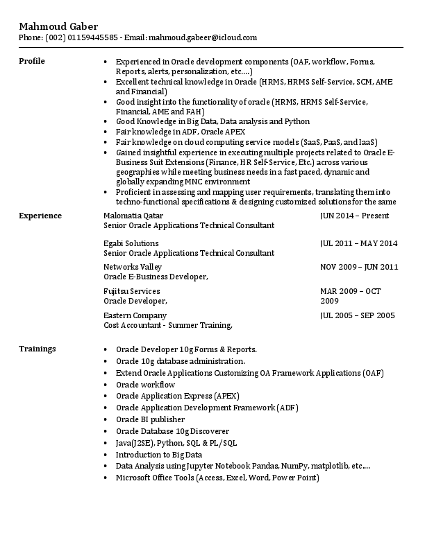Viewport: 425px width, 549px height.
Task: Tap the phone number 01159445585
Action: click(94, 37)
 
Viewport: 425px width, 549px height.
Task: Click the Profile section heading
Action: click(31, 61)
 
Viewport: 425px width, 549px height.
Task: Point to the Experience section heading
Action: click(40, 216)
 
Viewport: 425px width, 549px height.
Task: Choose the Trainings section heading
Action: click(37, 348)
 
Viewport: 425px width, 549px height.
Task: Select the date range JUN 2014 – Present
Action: click(354, 216)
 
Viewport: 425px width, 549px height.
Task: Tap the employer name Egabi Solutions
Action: click(131, 243)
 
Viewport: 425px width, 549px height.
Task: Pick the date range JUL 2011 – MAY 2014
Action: click(358, 243)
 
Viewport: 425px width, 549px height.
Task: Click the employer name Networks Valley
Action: click(133, 267)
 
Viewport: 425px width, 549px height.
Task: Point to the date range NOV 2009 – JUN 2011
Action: click(359, 267)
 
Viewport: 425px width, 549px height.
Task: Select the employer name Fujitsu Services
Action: click(132, 291)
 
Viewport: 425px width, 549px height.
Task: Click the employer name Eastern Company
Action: click(135, 315)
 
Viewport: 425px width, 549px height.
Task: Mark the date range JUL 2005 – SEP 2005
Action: click(357, 315)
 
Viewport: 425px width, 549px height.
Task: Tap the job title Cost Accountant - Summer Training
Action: click(167, 325)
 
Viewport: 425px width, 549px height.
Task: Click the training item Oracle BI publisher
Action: click(150, 419)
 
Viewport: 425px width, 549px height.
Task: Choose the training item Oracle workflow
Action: click(145, 384)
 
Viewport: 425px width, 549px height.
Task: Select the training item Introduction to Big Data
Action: click(158, 455)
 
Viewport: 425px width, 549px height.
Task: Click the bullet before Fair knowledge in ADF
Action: click(105, 131)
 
